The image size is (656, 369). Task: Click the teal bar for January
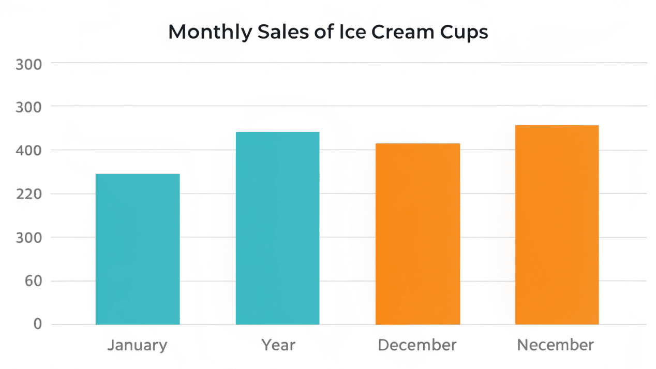point(138,249)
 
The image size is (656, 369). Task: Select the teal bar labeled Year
point(277,228)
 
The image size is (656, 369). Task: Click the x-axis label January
point(138,345)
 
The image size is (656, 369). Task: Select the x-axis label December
point(418,345)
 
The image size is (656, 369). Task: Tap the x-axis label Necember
point(556,345)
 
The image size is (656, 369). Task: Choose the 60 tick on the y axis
point(33,282)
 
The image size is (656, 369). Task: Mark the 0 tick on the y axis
point(37,324)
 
